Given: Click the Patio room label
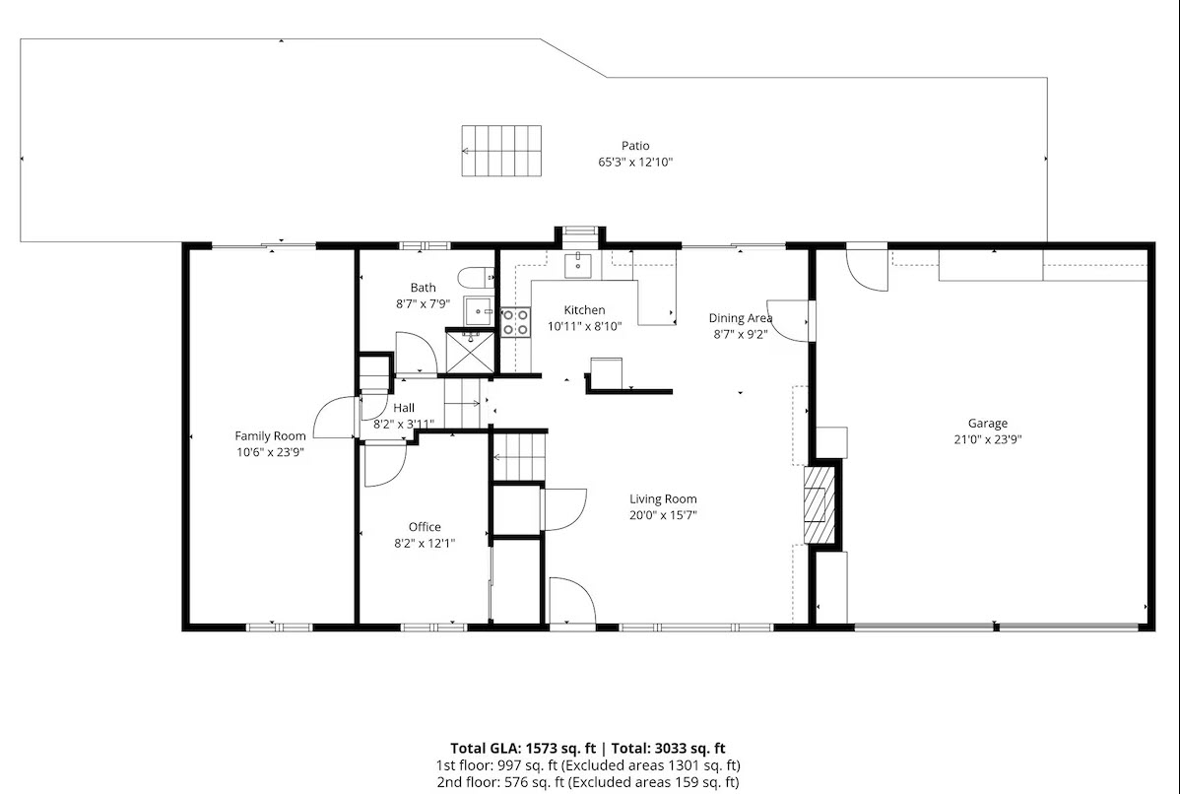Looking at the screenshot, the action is pyautogui.click(x=635, y=145).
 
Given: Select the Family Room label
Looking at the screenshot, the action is pyautogui.click(x=270, y=435).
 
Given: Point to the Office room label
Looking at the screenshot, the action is pyautogui.click(x=425, y=527).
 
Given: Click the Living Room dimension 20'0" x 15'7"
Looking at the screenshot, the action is pyautogui.click(x=663, y=515).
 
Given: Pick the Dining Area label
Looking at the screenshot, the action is pyautogui.click(x=741, y=318).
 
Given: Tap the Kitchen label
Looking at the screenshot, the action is pyautogui.click(x=585, y=310).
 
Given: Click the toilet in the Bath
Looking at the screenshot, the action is pyautogui.click(x=477, y=278).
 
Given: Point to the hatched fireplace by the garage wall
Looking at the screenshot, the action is pyautogui.click(x=819, y=504).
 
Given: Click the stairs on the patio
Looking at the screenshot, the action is pyautogui.click(x=501, y=151).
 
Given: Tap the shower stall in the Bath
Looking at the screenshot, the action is pyautogui.click(x=471, y=352).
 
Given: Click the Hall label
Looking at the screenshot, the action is pyautogui.click(x=404, y=408).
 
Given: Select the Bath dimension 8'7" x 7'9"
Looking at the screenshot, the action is pyautogui.click(x=423, y=304).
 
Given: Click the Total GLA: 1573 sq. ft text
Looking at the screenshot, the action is pyautogui.click(x=523, y=748).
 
